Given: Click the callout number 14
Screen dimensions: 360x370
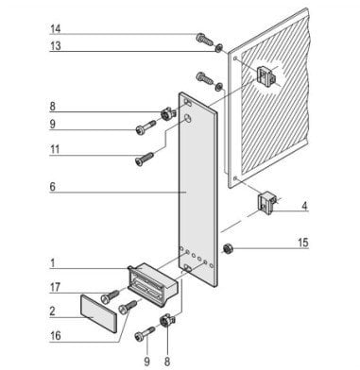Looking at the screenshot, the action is click(x=56, y=29).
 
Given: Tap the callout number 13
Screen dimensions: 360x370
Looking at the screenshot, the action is click(x=56, y=46).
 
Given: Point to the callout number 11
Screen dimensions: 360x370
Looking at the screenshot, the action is click(x=55, y=149).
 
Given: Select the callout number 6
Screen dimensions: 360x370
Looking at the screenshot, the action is click(x=53, y=187).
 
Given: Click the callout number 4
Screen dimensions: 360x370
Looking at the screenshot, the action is click(x=304, y=206).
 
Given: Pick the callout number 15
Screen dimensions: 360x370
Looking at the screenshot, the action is click(x=303, y=243).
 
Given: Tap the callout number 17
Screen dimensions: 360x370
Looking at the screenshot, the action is click(x=55, y=287).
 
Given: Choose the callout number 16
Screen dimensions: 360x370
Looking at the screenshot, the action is click(x=56, y=335).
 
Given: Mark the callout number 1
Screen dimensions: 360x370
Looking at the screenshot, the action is click(x=53, y=263).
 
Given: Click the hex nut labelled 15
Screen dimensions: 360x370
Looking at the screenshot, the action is click(x=226, y=249).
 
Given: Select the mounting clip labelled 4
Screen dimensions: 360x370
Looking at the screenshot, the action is click(x=267, y=202).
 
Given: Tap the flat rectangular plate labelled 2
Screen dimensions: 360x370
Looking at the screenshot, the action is click(x=99, y=313).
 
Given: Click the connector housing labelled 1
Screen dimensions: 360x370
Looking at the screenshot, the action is click(x=153, y=284).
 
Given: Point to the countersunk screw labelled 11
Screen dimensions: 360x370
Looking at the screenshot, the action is click(x=144, y=159).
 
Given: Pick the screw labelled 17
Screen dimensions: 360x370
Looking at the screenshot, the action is click(x=110, y=296).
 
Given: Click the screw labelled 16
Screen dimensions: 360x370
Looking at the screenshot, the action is click(x=128, y=307).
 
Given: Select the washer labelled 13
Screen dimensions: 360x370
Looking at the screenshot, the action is click(x=218, y=48).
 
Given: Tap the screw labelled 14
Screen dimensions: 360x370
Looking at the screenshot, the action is click(x=204, y=40).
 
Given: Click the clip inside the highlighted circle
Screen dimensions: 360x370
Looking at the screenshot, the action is click(x=266, y=76).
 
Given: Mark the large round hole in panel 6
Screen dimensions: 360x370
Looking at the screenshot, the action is click(x=187, y=119).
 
